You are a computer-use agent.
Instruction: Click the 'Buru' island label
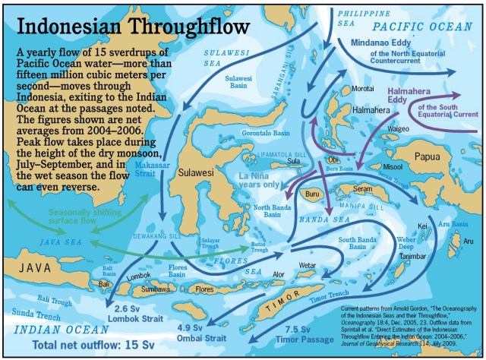point(311,194)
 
